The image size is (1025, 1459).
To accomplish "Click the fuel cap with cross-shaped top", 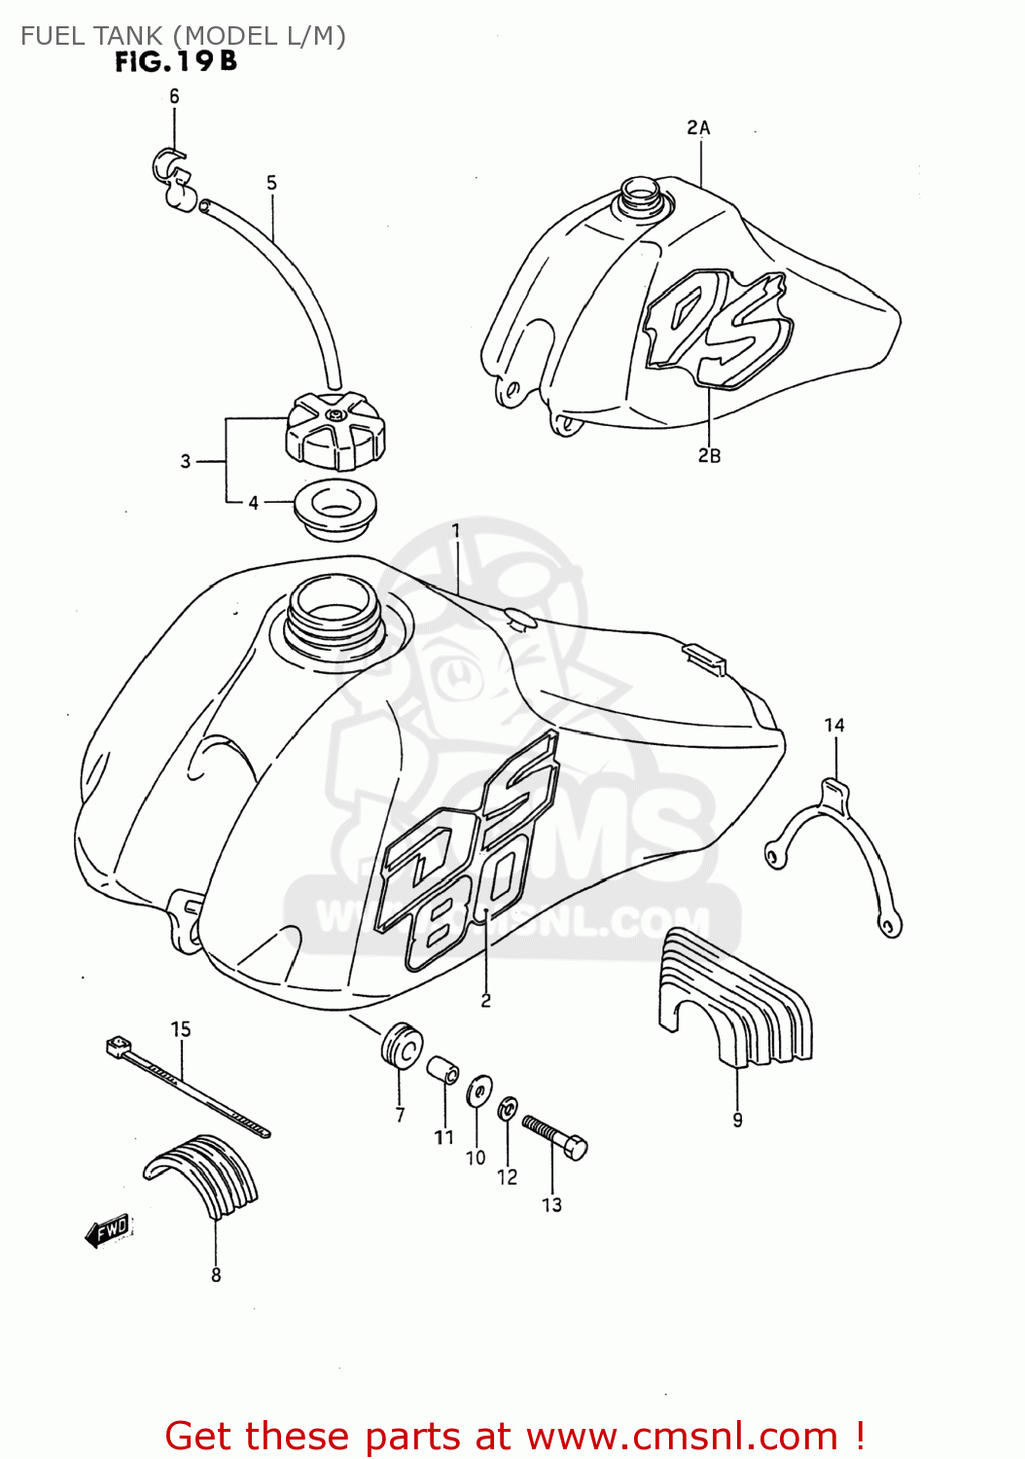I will point(335,430).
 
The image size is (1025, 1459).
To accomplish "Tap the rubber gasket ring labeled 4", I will point(335,508).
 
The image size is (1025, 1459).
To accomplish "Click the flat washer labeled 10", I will point(478,1091).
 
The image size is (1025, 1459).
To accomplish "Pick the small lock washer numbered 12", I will point(507,1109).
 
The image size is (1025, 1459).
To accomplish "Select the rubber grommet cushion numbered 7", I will point(401,1045).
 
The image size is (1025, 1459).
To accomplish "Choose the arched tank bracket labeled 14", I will point(834,846).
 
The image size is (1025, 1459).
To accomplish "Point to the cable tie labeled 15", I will point(185,1084).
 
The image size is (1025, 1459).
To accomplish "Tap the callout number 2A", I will point(698,127).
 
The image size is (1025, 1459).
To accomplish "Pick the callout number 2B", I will point(709,455).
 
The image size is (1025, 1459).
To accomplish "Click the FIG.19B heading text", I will point(176,62).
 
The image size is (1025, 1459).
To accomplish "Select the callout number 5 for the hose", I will point(271,182).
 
